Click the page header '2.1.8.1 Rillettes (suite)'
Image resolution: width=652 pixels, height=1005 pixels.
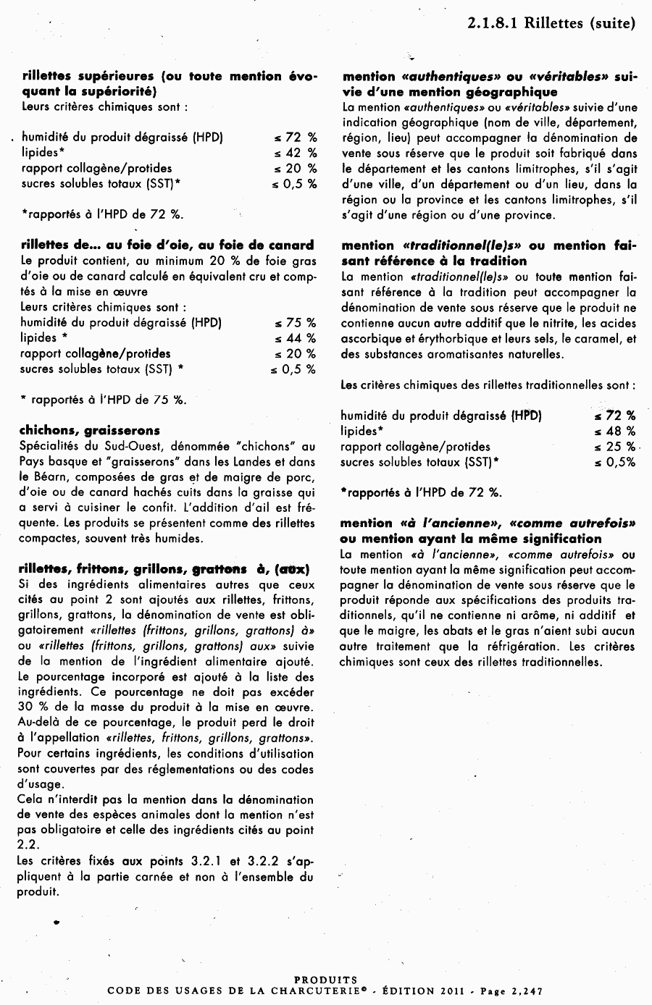[551, 23]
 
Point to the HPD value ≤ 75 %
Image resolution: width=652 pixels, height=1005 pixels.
[295, 322]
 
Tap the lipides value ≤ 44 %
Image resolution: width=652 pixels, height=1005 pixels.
[295, 338]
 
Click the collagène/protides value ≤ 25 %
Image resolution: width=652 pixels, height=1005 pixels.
[614, 447]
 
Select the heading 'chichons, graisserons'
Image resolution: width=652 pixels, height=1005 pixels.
[90, 431]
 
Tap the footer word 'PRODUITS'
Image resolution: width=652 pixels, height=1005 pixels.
[326, 980]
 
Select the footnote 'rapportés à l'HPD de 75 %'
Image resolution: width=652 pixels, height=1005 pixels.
[109, 400]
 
